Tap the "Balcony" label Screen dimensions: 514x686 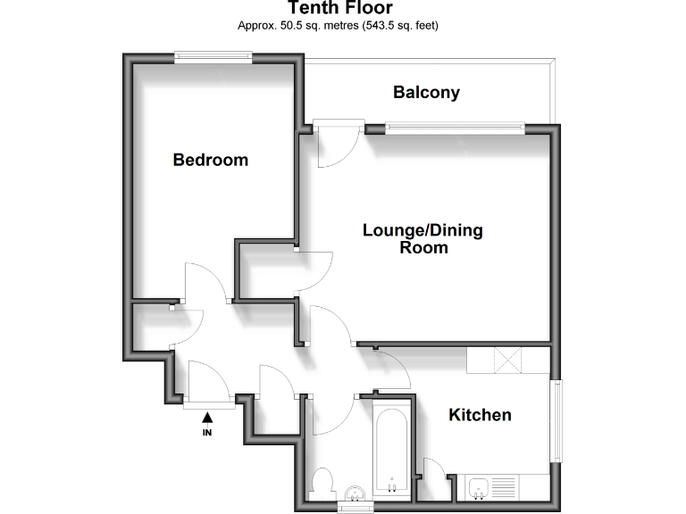tap(426, 92)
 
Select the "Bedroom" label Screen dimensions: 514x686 tap(210, 161)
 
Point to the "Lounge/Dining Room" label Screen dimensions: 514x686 tap(422, 238)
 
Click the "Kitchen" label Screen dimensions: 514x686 tap(480, 415)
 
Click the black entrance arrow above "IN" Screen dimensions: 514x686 tap(208, 415)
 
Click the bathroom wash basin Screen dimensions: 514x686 tap(356, 493)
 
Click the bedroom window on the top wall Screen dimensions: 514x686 tap(213, 57)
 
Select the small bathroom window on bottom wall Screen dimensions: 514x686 tap(356, 508)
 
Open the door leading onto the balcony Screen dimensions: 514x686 tap(338, 142)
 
